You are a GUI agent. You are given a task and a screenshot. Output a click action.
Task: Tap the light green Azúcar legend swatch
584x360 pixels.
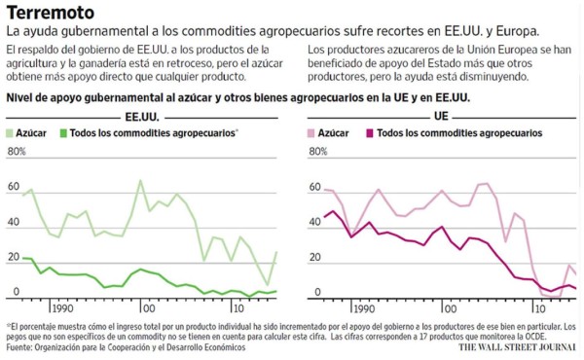12,132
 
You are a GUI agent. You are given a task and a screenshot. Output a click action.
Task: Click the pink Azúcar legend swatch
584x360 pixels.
311,132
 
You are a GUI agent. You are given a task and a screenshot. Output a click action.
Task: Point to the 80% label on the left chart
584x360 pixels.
18,153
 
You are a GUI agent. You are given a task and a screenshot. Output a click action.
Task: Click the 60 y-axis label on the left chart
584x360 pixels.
13,187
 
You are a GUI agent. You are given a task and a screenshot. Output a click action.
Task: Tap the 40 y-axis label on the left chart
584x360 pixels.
13,222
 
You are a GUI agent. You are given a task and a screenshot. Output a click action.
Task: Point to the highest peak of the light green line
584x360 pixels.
141,180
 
